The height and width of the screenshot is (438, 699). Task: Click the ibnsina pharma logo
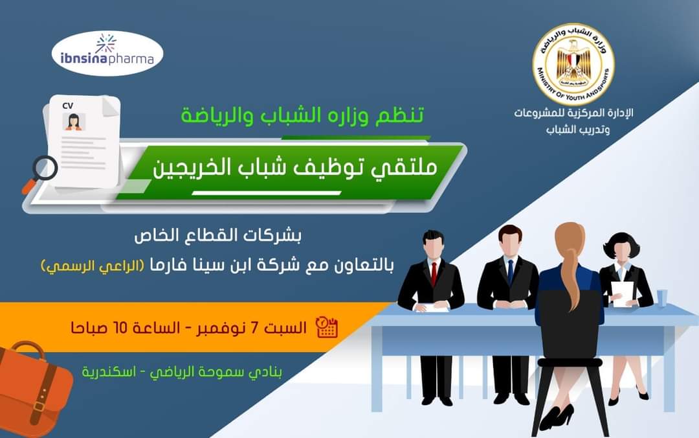click(x=107, y=53)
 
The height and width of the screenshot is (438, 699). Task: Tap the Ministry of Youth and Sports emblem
click(x=573, y=64)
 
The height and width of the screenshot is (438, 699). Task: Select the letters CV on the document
click(x=68, y=106)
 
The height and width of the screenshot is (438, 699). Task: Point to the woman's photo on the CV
click(x=74, y=121)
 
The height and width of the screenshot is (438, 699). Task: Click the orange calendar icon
click(x=326, y=327)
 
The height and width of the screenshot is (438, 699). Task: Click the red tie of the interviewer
click(x=434, y=273)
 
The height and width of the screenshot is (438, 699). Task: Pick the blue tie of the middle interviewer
click(x=511, y=271)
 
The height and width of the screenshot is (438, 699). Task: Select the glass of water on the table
click(x=662, y=298)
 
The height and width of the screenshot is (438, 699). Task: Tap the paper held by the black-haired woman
click(x=623, y=294)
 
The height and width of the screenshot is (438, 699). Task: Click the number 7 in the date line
click(x=254, y=328)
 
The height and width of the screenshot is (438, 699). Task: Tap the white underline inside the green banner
click(x=267, y=193)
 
